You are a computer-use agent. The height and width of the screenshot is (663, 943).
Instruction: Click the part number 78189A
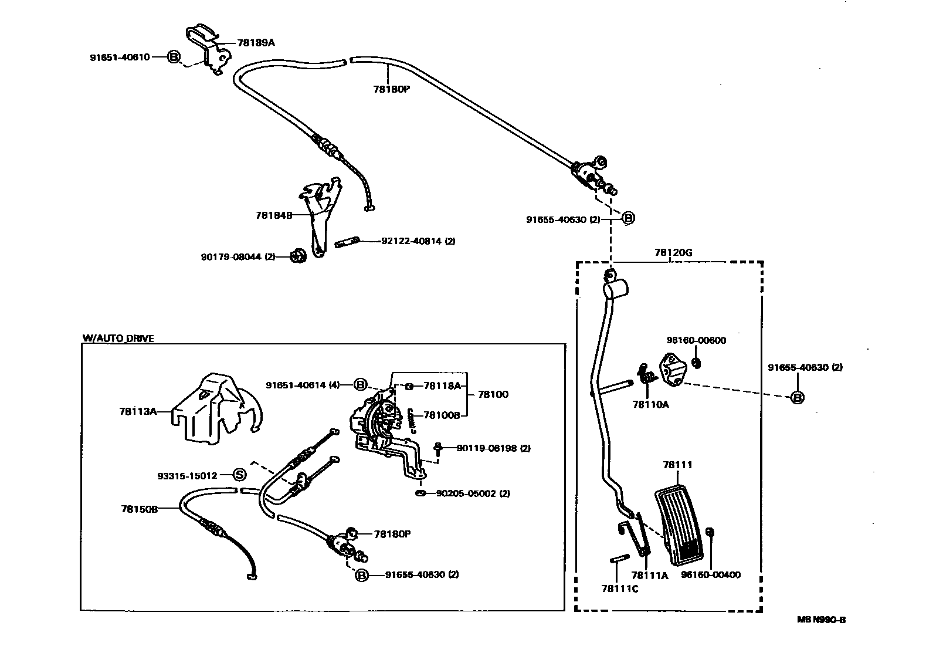point(256,43)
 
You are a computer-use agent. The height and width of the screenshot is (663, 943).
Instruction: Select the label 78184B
point(273,215)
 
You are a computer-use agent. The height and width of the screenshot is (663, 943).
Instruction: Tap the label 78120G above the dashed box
point(673,253)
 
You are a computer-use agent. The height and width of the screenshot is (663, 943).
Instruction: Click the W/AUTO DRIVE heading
point(118,339)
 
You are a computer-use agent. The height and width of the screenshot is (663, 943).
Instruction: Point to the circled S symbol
point(240,475)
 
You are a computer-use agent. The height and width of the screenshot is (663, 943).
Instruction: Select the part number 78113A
point(138,411)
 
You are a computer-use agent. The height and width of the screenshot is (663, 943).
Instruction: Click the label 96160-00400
point(711,575)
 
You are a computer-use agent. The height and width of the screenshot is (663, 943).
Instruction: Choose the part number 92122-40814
point(418,241)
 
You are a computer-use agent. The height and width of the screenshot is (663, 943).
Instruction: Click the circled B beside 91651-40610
point(174,57)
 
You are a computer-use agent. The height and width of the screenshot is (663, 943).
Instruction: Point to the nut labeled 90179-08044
point(297,256)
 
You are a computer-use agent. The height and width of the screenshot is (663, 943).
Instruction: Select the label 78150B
point(140,509)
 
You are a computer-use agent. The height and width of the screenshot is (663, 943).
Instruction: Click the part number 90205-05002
point(473,493)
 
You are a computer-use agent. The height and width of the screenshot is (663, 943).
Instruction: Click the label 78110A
point(650,404)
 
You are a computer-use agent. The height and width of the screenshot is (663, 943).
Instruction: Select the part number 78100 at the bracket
point(493,394)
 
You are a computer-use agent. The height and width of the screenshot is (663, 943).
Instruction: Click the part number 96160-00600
point(696,340)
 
